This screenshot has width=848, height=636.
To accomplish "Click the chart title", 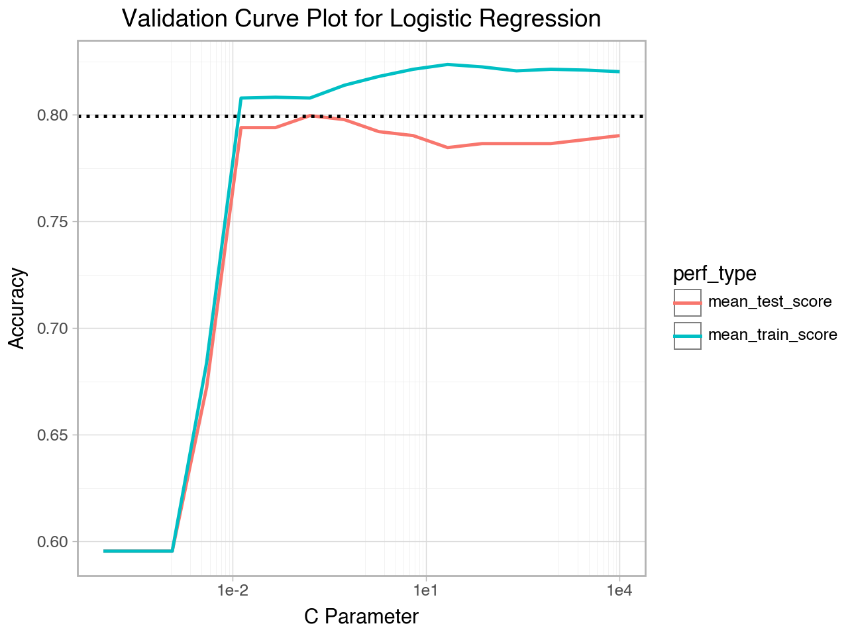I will click(361, 19).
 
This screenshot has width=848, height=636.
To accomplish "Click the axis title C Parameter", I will click(361, 617).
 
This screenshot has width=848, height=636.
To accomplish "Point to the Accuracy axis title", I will click(17, 308).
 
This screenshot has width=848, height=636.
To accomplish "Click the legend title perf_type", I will click(715, 273).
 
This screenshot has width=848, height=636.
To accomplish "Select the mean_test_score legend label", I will click(770, 302).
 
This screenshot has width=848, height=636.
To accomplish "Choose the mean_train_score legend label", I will click(772, 335).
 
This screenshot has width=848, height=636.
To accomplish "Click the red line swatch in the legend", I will click(688, 303).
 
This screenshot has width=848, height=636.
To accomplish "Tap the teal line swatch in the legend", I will click(688, 336).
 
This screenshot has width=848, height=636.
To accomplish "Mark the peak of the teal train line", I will click(449, 64).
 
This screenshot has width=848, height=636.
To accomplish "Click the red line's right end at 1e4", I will click(619, 135).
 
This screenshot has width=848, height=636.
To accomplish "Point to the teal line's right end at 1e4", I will click(619, 72).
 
